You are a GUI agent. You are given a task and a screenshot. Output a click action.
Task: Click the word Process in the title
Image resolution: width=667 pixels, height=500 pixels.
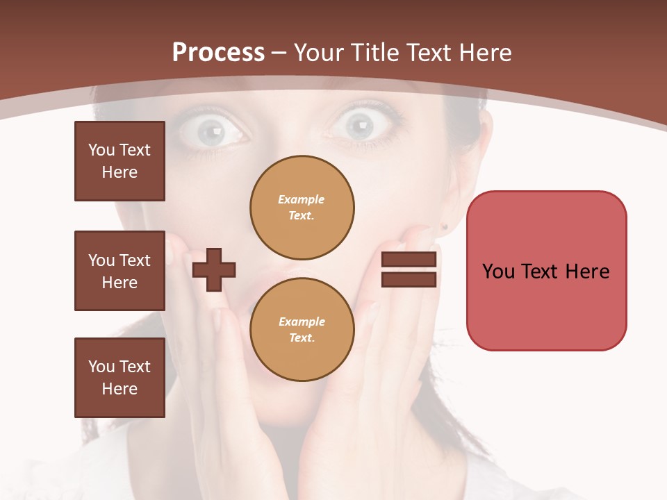coord(218,53)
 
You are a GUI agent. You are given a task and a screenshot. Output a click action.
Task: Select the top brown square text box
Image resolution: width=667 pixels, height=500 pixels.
coord(120,161)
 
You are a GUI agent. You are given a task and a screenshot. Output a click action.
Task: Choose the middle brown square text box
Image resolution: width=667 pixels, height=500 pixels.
coord(120,271)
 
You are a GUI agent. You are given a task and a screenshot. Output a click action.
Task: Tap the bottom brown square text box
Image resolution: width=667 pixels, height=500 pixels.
coord(120,378)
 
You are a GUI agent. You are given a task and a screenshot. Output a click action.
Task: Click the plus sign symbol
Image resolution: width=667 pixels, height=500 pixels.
coord(214,270)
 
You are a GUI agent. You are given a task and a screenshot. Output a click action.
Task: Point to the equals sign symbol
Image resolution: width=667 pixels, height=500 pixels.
coord(409,269)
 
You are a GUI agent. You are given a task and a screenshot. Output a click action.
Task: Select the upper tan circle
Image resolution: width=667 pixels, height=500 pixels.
coord(302,207)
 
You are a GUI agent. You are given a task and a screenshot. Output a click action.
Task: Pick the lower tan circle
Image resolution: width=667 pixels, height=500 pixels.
coord(302,329)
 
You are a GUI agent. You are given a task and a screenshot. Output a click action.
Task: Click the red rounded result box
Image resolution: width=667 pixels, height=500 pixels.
coord(546,271)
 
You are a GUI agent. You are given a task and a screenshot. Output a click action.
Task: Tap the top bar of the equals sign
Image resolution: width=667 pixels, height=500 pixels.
coord(409,260)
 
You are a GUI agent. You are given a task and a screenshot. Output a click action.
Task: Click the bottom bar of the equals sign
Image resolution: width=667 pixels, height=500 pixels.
coord(409,279)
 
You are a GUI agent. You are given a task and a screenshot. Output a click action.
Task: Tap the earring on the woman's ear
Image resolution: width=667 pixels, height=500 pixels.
coord(443,226)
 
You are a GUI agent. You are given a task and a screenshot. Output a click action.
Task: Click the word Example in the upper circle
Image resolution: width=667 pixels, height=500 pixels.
coord(301,199)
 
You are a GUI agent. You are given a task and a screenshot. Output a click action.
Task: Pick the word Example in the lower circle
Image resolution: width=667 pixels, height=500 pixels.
coord(302,322)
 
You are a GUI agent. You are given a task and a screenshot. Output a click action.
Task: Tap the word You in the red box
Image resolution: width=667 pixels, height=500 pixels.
coord(498,271)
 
